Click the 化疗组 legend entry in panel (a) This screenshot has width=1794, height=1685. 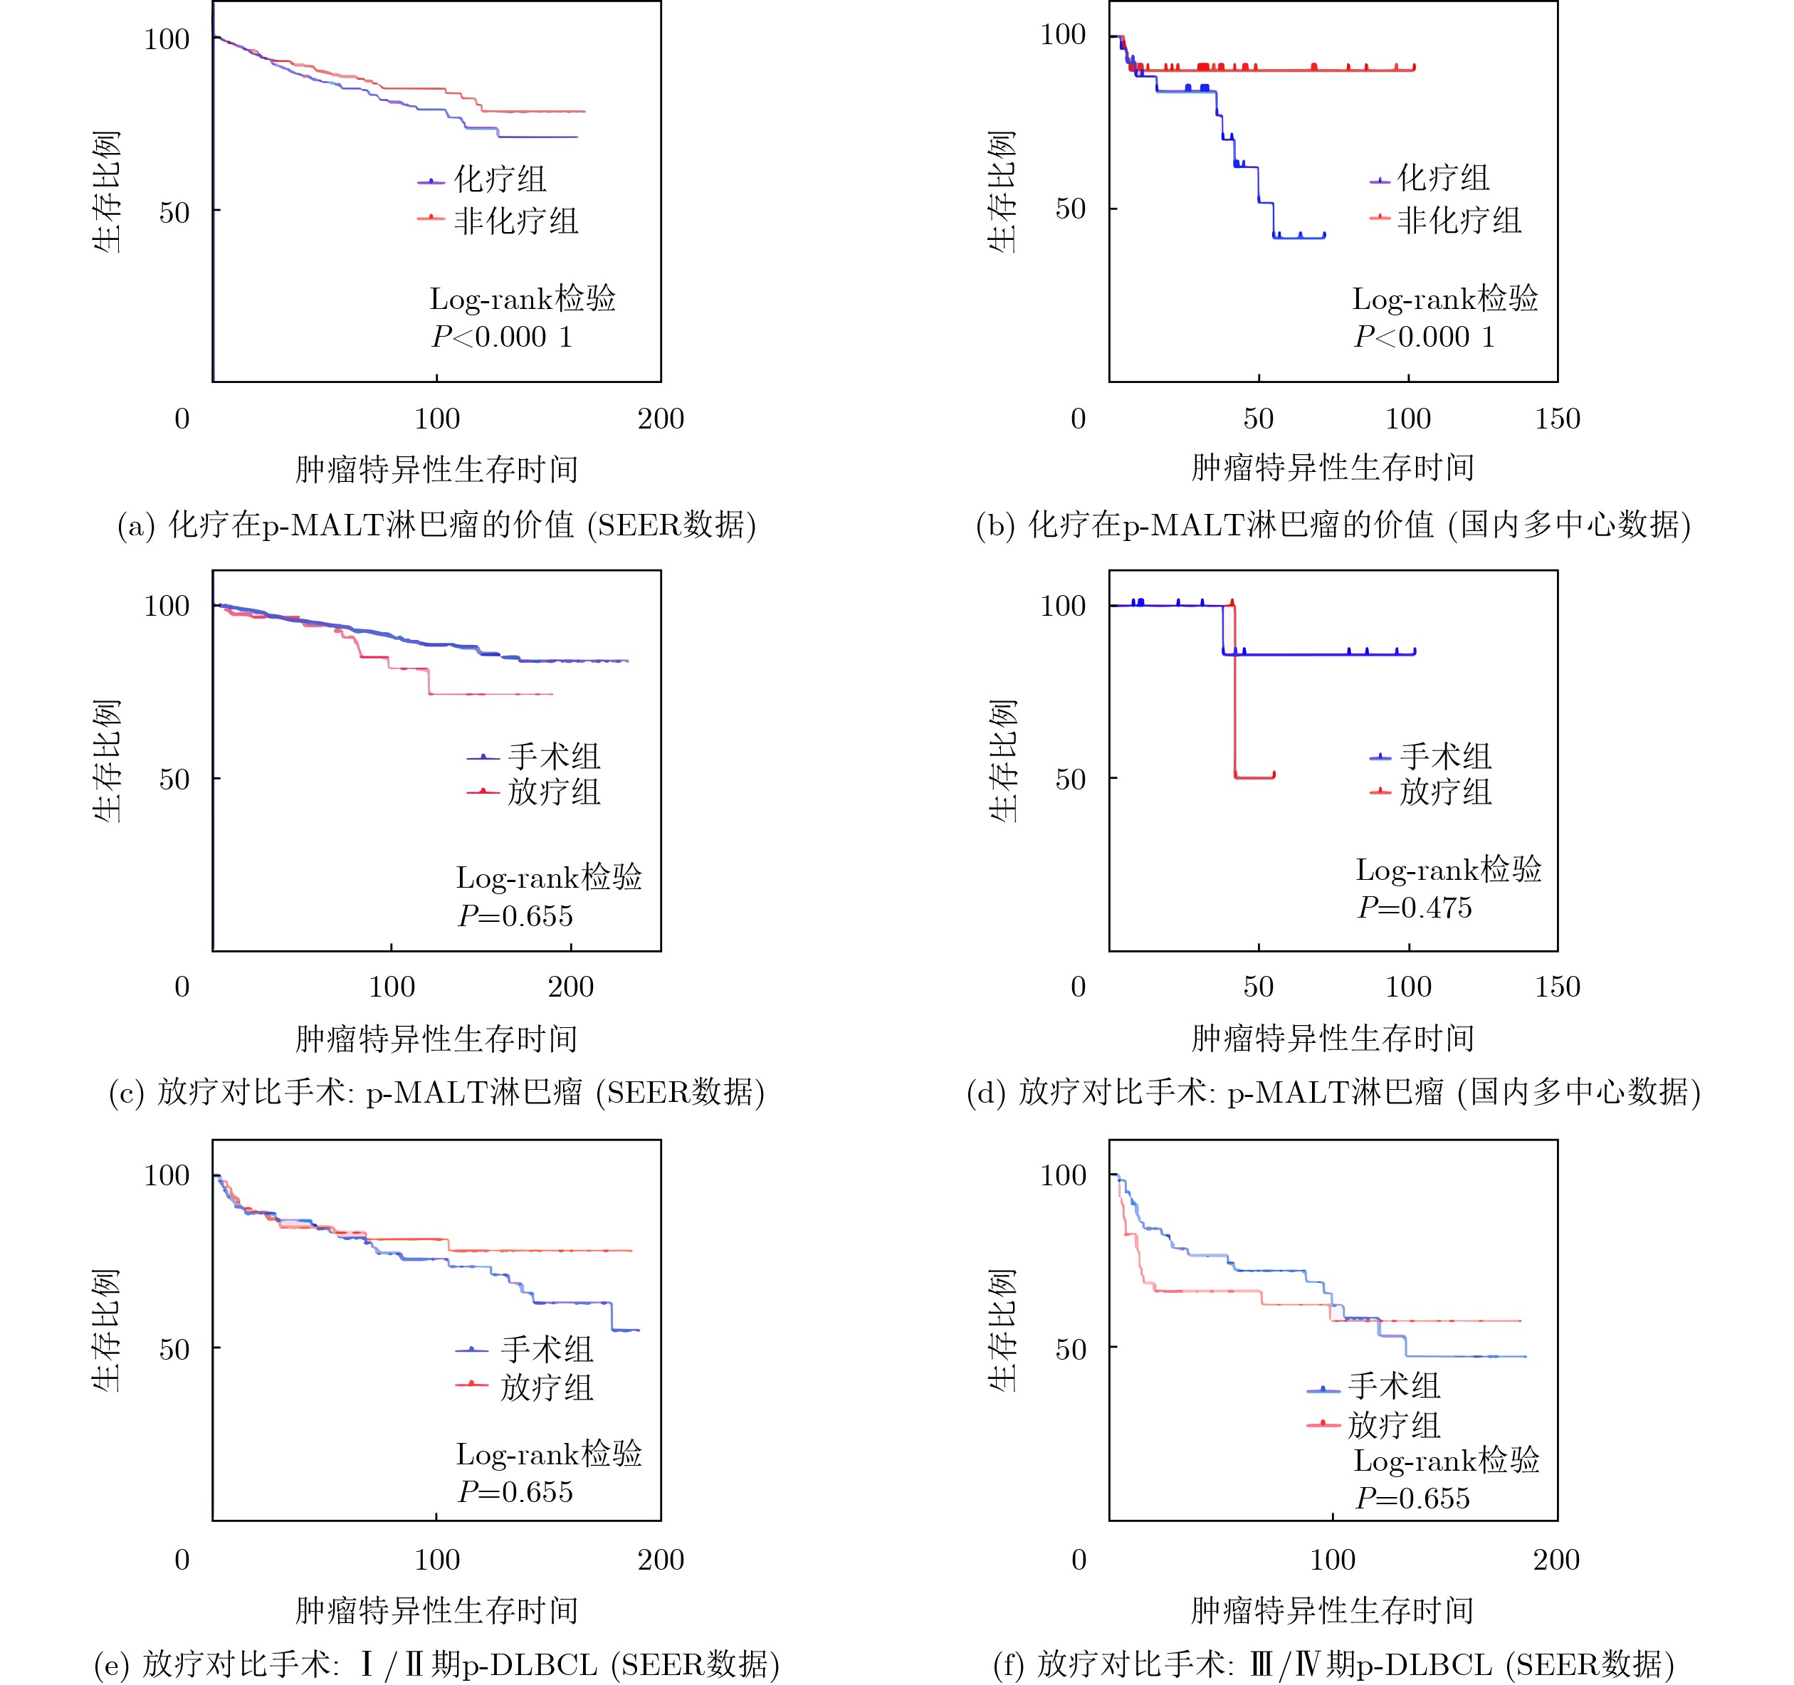tap(499, 179)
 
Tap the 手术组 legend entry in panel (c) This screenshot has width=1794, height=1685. tap(553, 756)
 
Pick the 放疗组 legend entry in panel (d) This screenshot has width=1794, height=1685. tap(1444, 792)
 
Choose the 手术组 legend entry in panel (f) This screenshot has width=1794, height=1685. tap(1393, 1385)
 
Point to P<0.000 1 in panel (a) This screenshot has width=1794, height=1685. tap(502, 337)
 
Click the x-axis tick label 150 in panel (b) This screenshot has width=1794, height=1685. tap(1557, 419)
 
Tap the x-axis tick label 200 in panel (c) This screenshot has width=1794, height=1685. tap(570, 987)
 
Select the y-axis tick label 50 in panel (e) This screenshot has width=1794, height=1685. tap(174, 1349)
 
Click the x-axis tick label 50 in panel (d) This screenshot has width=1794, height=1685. tap(1258, 987)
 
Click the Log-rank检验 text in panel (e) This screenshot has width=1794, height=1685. tap(549, 1454)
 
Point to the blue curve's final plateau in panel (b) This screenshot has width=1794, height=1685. tap(1299, 236)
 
